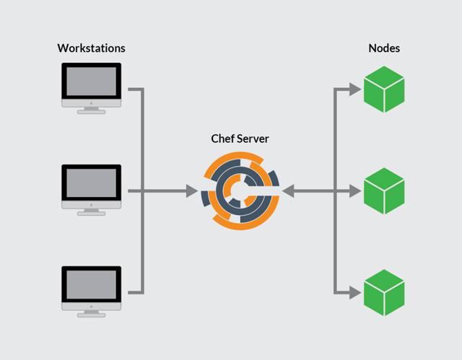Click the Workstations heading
tap(91, 48)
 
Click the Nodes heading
tap(384, 48)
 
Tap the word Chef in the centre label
tap(222, 139)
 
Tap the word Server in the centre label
tap(253, 139)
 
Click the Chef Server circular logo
tap(239, 191)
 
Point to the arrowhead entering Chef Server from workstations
tap(192, 191)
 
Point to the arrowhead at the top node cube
tap(354, 89)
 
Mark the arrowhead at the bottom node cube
tap(354, 293)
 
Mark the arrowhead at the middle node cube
tap(354, 191)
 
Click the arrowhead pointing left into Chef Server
tap(287, 191)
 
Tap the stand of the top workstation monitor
tap(91, 109)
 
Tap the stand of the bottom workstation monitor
tap(91, 313)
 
